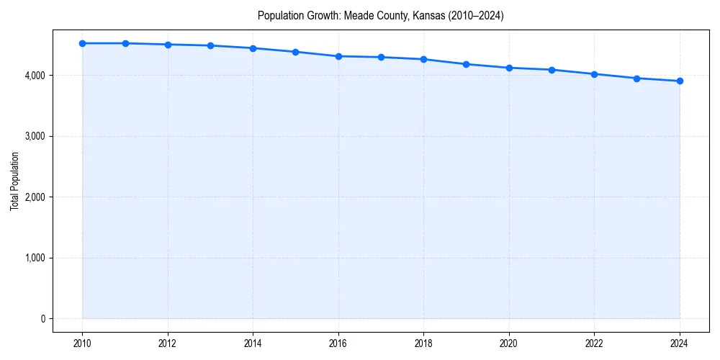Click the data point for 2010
click(83, 43)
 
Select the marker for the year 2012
click(168, 45)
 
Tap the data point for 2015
click(296, 52)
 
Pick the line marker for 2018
click(423, 59)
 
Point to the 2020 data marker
click(509, 68)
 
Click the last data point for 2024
click(680, 81)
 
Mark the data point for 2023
click(637, 78)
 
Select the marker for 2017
click(381, 57)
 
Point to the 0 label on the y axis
click(42, 319)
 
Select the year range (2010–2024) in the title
click(475, 15)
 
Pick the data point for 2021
click(552, 70)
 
